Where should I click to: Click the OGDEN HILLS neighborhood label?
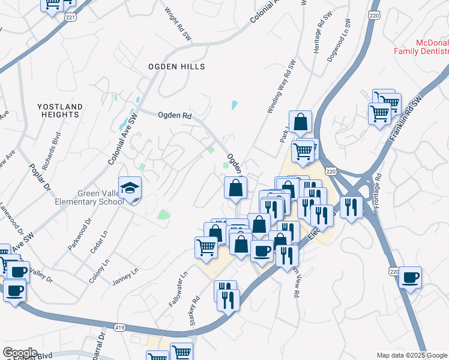coord(177,67)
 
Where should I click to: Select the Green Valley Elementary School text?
coord(100,197)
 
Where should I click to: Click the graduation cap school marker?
coord(130,189)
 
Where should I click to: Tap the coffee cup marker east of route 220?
coord(411,278)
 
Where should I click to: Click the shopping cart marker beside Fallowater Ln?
coord(206,247)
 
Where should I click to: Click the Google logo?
coord(20,353)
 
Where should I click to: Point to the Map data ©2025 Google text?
coord(412,355)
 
